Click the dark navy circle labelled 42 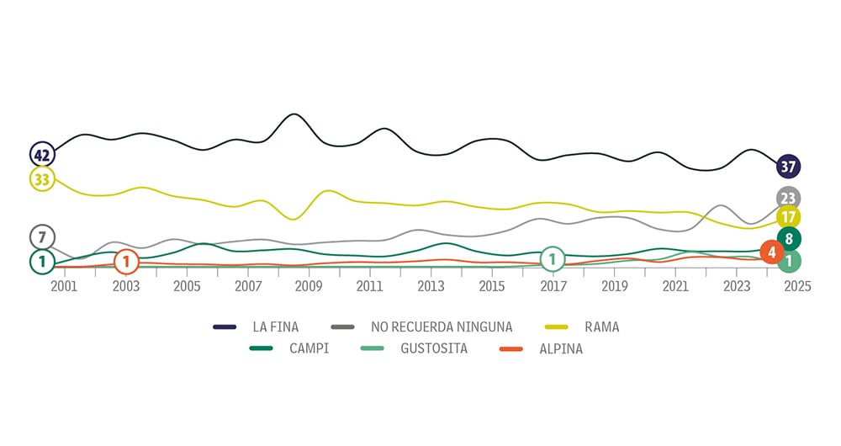point(42,155)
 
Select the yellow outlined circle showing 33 point(42,179)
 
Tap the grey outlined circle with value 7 point(41,236)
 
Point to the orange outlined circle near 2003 point(126,262)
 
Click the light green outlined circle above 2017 point(552,259)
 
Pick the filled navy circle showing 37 point(788,167)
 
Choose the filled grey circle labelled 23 point(788,199)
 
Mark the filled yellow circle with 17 point(788,218)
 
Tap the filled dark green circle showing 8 point(789,239)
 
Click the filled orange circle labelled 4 point(771,252)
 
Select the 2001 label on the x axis point(64,287)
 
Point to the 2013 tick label point(431,287)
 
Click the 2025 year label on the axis point(797,287)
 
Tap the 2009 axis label point(309,287)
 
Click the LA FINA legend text point(276,327)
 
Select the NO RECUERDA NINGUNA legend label point(441,327)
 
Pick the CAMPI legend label point(308,348)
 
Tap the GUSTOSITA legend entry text point(435,348)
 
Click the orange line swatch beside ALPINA point(515,348)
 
